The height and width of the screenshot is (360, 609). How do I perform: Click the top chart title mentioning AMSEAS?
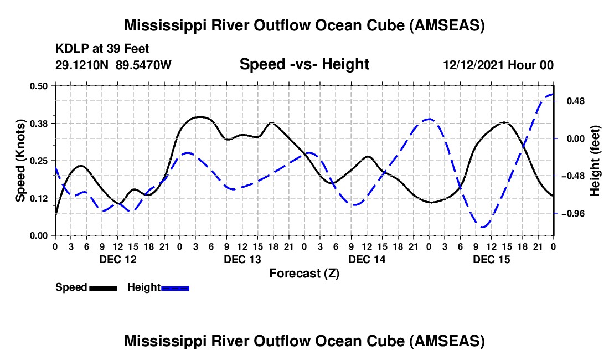304,25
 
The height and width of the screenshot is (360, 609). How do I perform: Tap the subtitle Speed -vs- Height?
304,64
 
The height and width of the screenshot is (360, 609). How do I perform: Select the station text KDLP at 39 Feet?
102,49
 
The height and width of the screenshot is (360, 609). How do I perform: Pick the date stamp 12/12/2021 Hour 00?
498,65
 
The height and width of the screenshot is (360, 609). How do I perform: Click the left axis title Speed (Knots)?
20,161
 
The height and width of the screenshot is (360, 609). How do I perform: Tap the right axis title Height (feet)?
595,161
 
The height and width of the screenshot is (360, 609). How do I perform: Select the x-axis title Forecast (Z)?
304,273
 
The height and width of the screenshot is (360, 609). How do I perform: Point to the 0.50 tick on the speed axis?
39,86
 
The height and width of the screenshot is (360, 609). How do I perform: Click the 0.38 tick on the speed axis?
39,123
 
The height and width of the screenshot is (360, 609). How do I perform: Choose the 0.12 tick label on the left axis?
39,198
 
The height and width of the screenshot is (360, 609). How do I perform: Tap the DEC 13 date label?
242,259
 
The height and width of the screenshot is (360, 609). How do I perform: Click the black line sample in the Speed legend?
103,288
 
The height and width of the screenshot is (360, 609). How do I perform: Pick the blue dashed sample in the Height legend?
176,288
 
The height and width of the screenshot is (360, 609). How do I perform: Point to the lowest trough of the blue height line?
483,227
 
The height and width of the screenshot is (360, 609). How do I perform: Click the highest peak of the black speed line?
200,116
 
